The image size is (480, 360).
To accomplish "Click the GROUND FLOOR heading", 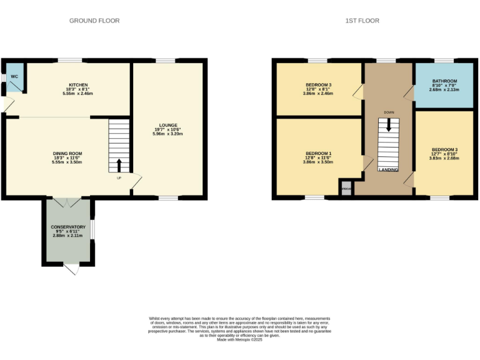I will coord(94,21).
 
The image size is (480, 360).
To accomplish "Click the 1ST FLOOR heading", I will coord(362,21).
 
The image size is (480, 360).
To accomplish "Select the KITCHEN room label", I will coord(78,85).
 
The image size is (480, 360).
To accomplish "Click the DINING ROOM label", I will coord(67,153).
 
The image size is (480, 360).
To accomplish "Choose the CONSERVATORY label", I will coord(68,227).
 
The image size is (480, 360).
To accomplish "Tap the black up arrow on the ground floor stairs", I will coord(119,165).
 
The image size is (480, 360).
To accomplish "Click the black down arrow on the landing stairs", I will coord(389,124).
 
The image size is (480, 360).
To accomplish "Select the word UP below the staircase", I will coord(119,178).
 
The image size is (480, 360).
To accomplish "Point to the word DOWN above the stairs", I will coord(389,112).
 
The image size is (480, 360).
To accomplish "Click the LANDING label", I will coord(389,169).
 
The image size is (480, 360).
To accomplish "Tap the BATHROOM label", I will coord(444,81).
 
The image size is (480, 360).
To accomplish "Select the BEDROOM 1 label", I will coord(319,153).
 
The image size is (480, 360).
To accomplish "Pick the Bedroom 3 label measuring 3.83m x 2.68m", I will coord(444,150).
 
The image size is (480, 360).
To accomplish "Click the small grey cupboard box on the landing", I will coord(346,187).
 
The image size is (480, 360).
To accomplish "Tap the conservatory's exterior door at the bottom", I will coord(71,269).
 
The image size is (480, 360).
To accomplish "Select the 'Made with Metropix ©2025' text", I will coord(240,339).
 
